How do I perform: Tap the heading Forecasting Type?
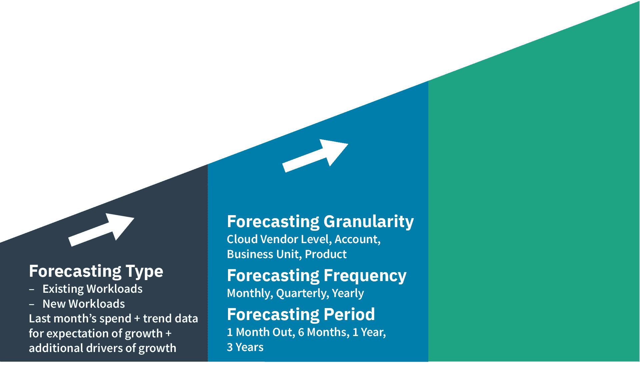pyautogui.click(x=96, y=271)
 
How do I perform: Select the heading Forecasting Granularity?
pyautogui.click(x=320, y=221)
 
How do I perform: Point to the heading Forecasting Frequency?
pyautogui.click(x=316, y=276)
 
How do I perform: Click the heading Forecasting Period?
pyautogui.click(x=301, y=314)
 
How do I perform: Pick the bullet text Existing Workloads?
pyautogui.click(x=92, y=289)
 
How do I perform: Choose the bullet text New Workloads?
pyautogui.click(x=84, y=304)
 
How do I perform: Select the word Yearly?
pyautogui.click(x=348, y=293)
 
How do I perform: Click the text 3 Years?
pyautogui.click(x=245, y=347)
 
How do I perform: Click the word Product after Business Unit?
pyautogui.click(x=326, y=254)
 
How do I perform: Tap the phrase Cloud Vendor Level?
pyautogui.click(x=279, y=239)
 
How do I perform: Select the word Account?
pyautogui.click(x=357, y=239)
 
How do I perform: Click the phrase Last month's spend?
pyautogui.click(x=80, y=318)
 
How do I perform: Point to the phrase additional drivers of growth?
pyautogui.click(x=102, y=348)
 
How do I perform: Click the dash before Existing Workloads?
pyautogui.click(x=32, y=289)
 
